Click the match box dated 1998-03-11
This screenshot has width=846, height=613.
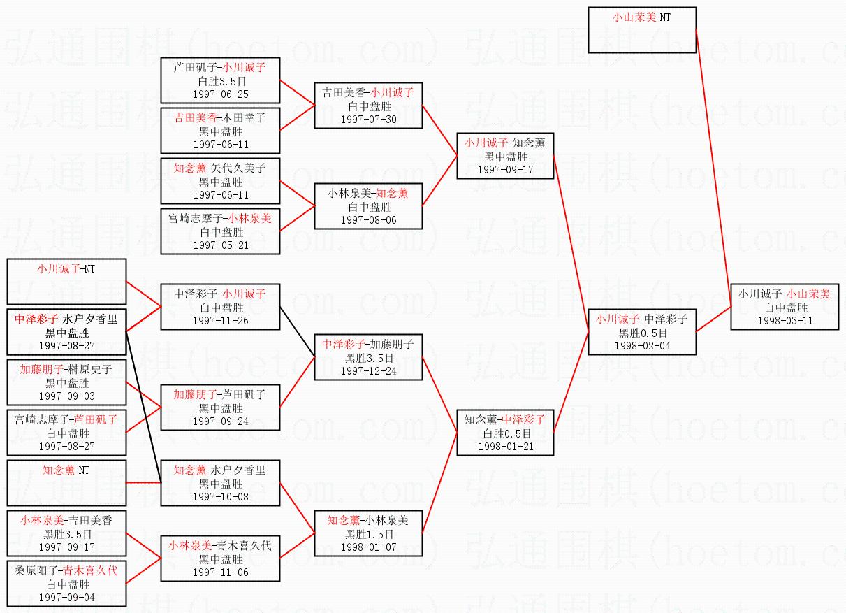784,307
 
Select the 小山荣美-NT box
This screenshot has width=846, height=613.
642,30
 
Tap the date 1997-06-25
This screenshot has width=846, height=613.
221,94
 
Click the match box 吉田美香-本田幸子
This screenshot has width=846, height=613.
221,131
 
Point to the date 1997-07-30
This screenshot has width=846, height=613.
368,120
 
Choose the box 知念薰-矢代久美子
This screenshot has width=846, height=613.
221,181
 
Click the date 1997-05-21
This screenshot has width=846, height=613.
221,245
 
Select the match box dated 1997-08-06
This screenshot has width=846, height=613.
368,206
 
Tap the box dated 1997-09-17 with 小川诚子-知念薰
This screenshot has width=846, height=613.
505,157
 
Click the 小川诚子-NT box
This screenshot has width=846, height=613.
66,282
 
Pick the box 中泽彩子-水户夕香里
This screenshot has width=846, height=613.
66,331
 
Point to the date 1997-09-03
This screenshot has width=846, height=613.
67,396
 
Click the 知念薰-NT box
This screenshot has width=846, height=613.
66,483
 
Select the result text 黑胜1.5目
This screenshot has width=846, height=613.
368,533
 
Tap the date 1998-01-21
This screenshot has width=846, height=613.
505,447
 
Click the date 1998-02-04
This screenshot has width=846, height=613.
642,346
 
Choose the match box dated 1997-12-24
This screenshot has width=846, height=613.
368,356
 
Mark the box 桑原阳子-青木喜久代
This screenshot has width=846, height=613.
66,584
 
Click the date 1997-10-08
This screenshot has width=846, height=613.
221,497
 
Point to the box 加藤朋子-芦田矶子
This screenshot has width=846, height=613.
221,408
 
